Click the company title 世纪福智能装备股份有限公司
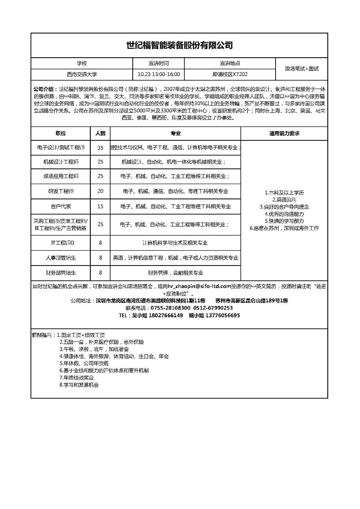coord(180,45)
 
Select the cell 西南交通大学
coord(82,74)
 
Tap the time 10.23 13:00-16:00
coord(159,74)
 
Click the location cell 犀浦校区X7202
coord(230,74)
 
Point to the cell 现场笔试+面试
coord(301,69)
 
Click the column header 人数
coord(100,133)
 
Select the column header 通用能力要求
coord(284,133)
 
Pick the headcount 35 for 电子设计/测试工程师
coord(100,148)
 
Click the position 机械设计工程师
coord(61,162)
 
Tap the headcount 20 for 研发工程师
coord(100,191)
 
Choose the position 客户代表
coord(61,207)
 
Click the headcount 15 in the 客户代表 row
coord(100,207)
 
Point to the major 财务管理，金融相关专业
coord(175,273)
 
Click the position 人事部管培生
coord(61,257)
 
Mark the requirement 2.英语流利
coord(284,200)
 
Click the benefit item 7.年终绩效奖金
coord(77,378)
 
